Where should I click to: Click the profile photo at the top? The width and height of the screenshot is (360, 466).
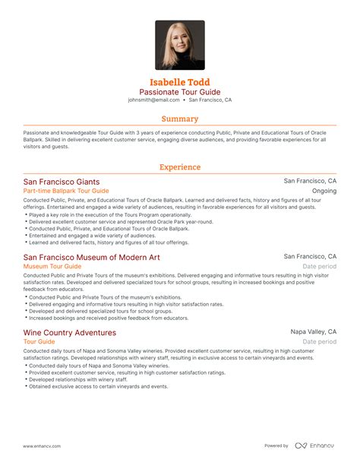180,45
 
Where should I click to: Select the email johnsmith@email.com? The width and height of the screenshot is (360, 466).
154,100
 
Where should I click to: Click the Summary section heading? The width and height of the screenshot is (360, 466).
180,119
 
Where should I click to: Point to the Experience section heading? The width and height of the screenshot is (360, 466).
180,167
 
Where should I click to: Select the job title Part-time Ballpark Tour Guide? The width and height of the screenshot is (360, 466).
66,192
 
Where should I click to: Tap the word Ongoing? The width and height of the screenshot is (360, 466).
324,192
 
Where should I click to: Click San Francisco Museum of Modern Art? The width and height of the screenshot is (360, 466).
91,258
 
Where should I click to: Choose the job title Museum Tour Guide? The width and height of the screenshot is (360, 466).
52,267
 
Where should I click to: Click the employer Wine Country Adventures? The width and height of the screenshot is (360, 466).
70,333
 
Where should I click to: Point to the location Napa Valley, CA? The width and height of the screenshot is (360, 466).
313,332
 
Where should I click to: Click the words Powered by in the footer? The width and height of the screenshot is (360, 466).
276,445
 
